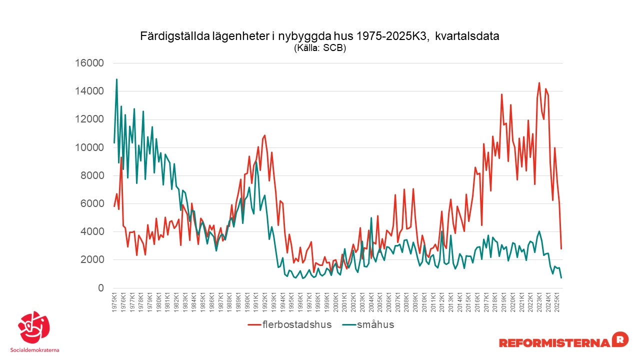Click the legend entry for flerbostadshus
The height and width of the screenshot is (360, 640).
point(290,324)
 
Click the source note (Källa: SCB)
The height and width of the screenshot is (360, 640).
point(320,48)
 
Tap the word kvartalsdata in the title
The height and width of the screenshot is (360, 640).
point(467,36)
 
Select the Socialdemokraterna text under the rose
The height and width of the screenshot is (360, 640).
point(34,350)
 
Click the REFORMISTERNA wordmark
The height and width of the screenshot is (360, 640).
point(554,342)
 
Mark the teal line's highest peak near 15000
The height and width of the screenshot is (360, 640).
point(116,79)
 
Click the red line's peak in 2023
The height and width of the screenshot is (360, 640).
point(539,83)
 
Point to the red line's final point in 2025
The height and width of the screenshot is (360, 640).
point(561,248)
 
